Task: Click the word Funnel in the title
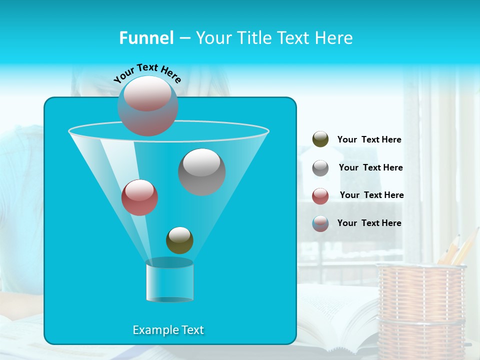pos(146,38)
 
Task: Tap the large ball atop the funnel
pos(148,105)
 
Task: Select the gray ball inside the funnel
pos(202,171)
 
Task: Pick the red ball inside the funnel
pos(139,197)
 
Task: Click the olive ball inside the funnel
pos(179,240)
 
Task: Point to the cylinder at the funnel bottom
pos(169,280)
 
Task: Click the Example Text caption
pos(168,330)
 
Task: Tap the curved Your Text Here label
pos(147,72)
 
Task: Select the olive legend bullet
pos(320,139)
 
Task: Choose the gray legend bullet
pos(320,168)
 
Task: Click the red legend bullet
pos(320,196)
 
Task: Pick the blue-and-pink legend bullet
pos(320,223)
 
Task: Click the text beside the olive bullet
pos(369,140)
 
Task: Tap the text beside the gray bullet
pos(370,168)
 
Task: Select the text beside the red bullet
pos(371,195)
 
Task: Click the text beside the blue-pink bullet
pos(369,223)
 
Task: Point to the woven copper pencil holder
pos(420,310)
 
